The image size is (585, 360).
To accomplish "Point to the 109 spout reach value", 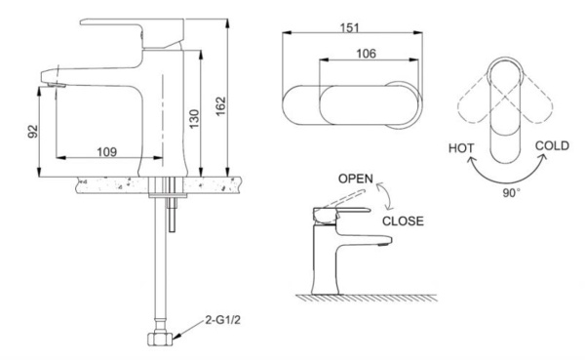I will click(107, 151).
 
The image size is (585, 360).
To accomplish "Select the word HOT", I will click(463, 150).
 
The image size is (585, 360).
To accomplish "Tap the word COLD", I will click(553, 146).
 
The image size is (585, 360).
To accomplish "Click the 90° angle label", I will click(510, 192).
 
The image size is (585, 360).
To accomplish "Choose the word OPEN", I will click(356, 180).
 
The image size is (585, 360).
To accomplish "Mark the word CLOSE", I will click(403, 221).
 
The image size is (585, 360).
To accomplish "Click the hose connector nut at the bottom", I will click(160, 341).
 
